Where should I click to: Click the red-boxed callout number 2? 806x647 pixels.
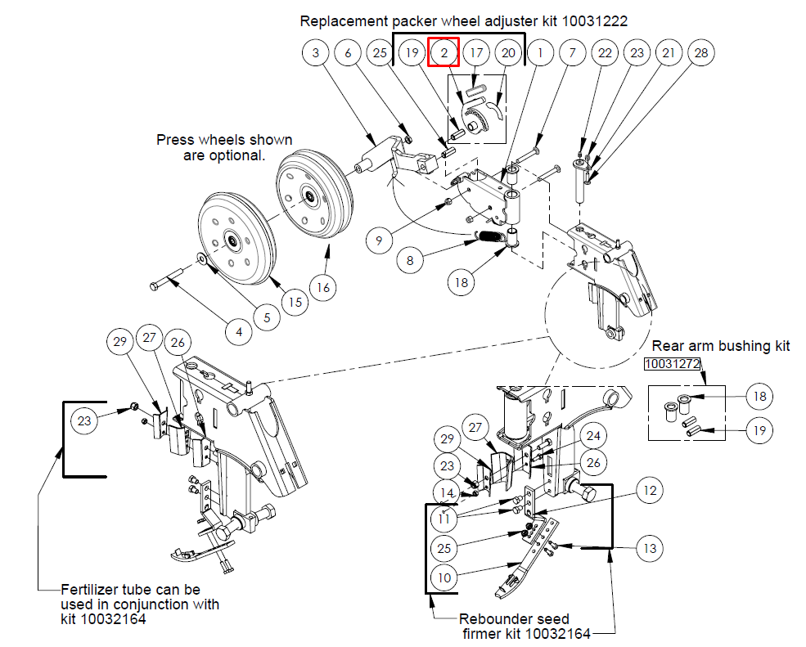point(444,52)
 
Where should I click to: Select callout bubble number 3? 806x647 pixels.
point(316,52)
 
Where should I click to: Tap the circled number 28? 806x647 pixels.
point(701,52)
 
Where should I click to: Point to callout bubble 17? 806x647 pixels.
point(476,52)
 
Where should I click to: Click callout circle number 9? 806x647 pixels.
point(380,240)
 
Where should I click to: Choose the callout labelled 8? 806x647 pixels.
point(410,261)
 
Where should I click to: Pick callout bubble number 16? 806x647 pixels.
point(323,287)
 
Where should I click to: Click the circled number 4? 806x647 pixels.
point(239,332)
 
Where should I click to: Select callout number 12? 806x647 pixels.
point(650,490)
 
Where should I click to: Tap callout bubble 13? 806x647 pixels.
point(650,548)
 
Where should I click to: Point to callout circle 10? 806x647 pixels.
point(444,577)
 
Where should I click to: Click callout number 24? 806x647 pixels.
point(593,436)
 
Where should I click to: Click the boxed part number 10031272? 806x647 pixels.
point(673,364)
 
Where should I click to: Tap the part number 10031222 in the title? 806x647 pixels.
point(595,21)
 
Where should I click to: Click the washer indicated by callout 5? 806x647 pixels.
point(202,258)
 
